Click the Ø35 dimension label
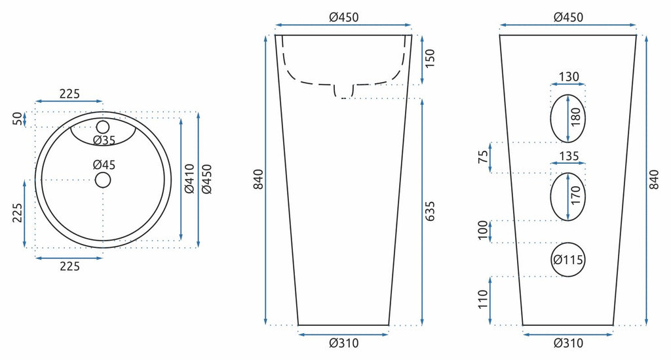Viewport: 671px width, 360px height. pyautogui.click(x=104, y=140)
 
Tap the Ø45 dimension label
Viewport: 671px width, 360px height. pyautogui.click(x=104, y=165)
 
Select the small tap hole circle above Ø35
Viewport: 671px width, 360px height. pyautogui.click(x=103, y=127)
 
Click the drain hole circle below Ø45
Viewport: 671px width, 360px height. pyautogui.click(x=103, y=180)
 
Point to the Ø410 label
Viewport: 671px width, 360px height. pyautogui.click(x=189, y=178)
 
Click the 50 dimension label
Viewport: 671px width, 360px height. pyautogui.click(x=17, y=118)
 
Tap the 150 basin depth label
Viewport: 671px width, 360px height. pyautogui.click(x=429, y=58)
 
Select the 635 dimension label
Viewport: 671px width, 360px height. pyautogui.click(x=429, y=211)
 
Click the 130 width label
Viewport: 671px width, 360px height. pyautogui.click(x=569, y=77)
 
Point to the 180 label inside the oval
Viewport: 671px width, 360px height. pyautogui.click(x=576, y=117)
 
